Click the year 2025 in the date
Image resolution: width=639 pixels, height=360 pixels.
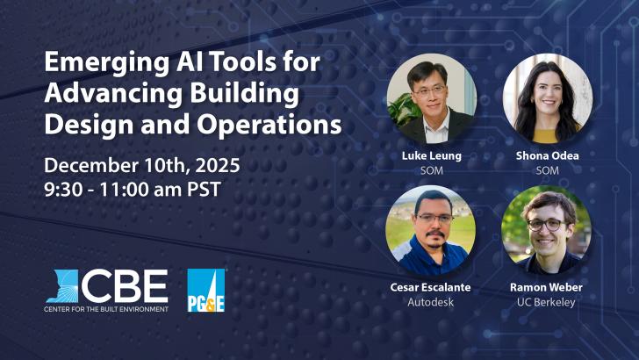coord(215,166)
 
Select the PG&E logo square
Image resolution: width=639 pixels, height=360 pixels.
coord(206,291)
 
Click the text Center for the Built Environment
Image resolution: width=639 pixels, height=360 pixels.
coord(106,309)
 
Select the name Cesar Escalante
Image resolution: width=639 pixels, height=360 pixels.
coord(430,287)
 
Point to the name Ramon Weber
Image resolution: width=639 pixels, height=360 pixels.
coord(547,287)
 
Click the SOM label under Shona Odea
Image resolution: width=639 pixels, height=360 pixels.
coord(547,171)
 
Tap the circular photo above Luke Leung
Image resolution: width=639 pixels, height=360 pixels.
coord(431,99)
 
